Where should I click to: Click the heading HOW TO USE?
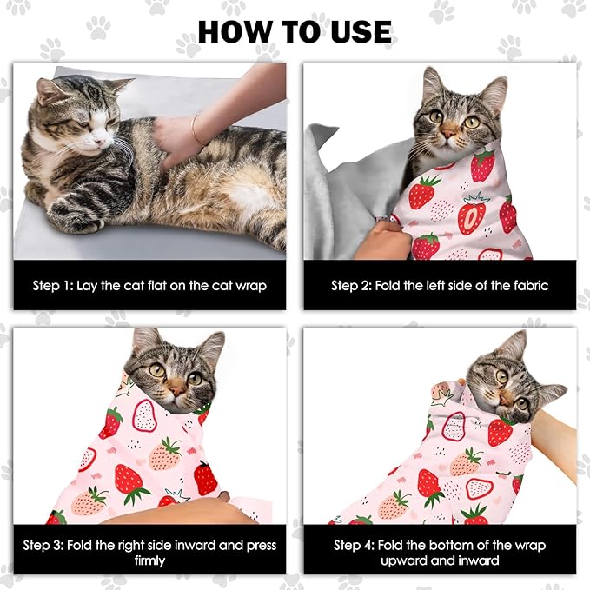(295, 31)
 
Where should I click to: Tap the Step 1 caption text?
(149, 285)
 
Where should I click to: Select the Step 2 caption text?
(440, 285)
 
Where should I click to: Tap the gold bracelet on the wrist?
(197, 130)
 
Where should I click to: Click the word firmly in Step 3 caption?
(149, 561)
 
